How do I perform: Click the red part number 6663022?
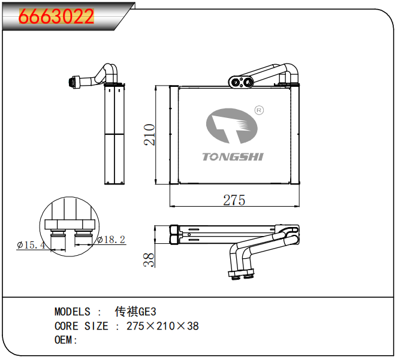tap(56, 17)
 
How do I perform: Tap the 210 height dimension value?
tap(149, 135)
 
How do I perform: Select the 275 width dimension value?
tap(234, 200)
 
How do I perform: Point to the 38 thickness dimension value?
tap(149, 259)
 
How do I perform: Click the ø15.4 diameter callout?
tap(31, 245)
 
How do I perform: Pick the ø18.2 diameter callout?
tap(111, 240)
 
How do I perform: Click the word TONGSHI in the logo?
tap(233, 157)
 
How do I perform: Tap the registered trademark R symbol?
tap(259, 110)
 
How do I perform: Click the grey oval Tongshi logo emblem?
tap(231, 126)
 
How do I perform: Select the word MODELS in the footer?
tap(73, 311)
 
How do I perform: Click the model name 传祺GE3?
tap(135, 311)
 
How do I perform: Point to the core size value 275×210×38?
tap(162, 326)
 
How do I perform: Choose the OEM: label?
tap(66, 340)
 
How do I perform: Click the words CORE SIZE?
tap(82, 326)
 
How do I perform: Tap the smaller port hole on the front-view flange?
tap(236, 82)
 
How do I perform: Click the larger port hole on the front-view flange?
tap(247, 82)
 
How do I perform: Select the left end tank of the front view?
tap(174, 135)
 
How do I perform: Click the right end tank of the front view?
tap(295, 135)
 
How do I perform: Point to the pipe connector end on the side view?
tap(73, 81)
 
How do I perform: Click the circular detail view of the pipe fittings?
tap(70, 226)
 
